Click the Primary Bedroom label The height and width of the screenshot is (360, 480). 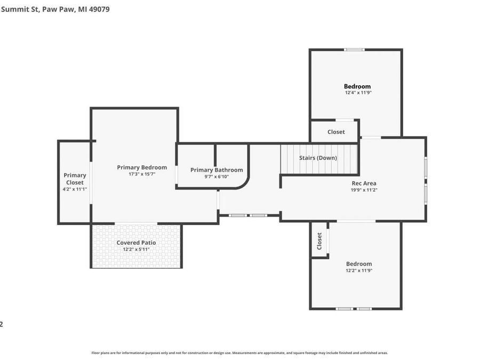(x=142, y=167)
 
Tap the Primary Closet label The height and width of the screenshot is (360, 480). (x=75, y=179)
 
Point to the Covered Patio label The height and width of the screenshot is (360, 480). (x=136, y=243)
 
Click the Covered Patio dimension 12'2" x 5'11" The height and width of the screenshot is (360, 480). (x=136, y=249)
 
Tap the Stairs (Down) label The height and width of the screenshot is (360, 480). (x=318, y=158)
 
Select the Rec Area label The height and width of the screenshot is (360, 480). (x=364, y=183)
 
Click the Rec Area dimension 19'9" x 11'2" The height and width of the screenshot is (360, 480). (x=364, y=190)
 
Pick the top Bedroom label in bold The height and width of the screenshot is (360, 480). (x=357, y=86)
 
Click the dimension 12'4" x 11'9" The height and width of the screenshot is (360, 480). (x=357, y=93)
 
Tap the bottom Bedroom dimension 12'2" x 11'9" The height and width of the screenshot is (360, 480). (x=358, y=270)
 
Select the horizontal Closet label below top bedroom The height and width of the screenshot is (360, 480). (x=336, y=132)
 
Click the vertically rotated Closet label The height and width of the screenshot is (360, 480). (x=319, y=241)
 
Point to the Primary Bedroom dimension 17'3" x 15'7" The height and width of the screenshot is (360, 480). (x=142, y=174)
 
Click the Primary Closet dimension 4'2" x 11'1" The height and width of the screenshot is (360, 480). (x=75, y=189)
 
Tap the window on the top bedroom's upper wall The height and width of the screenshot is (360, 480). (x=354, y=50)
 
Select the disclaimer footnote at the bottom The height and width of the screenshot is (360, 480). (x=239, y=353)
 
